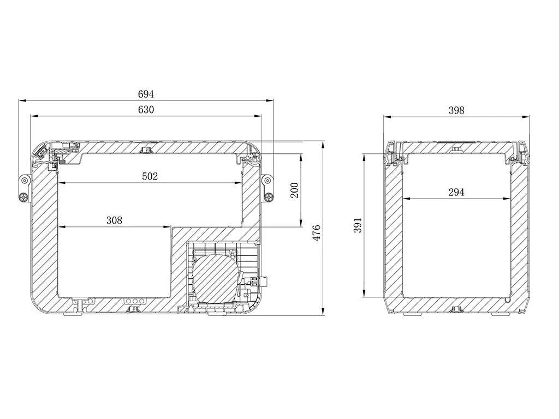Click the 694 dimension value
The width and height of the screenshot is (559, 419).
146,94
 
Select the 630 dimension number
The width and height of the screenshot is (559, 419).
146,109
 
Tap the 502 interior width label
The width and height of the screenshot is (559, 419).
150,176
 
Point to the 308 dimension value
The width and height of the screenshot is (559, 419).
114,220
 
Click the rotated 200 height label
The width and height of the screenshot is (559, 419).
294,190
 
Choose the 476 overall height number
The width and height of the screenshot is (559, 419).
316,233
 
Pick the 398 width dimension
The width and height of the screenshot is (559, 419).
456,110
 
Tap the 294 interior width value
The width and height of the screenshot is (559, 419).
456,193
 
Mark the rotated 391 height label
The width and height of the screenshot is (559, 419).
358,225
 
